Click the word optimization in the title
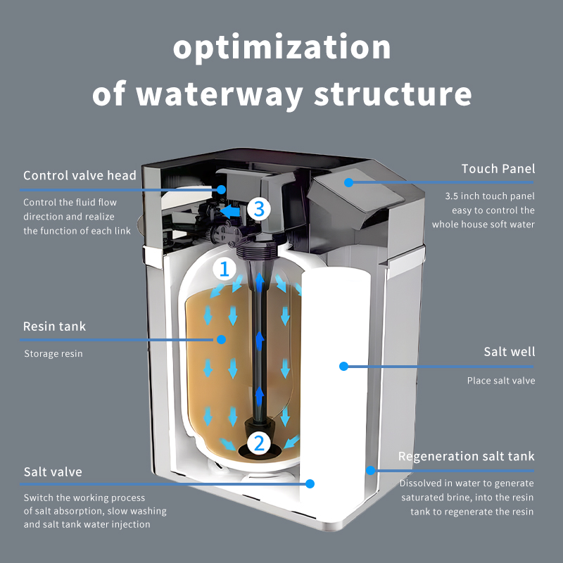(x=282, y=49)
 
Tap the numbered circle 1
(x=224, y=269)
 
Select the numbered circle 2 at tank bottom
(x=259, y=443)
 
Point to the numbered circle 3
(x=259, y=208)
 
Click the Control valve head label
(x=80, y=175)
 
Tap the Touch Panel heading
(x=498, y=169)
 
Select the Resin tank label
(x=55, y=327)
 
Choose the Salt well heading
(x=509, y=351)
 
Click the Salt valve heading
(x=53, y=472)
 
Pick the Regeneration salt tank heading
(x=467, y=456)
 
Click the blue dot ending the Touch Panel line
(x=348, y=182)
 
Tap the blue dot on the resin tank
(x=221, y=339)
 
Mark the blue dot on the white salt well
(x=343, y=366)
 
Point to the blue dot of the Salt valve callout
(x=310, y=483)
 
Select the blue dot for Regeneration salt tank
(x=371, y=470)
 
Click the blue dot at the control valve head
(x=221, y=189)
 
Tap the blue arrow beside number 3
(x=230, y=211)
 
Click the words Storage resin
(x=53, y=354)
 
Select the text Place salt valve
(x=501, y=381)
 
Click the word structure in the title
(x=393, y=94)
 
